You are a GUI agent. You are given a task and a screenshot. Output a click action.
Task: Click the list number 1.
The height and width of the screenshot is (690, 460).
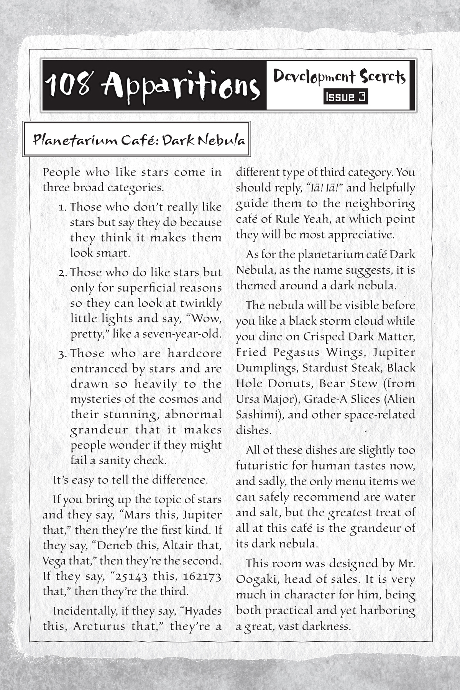(63, 207)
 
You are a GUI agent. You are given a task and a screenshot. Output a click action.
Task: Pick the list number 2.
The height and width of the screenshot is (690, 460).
(63, 273)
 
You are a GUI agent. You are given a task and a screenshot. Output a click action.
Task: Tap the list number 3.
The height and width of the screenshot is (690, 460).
(63, 353)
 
